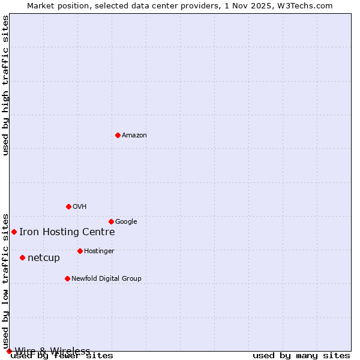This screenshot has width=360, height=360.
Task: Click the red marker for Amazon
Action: point(118,135)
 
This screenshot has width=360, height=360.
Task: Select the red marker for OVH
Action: point(68,206)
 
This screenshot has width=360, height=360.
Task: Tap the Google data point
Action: point(111,221)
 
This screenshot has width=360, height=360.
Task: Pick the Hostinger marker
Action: point(80,251)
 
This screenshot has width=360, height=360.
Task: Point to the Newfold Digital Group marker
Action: point(67,278)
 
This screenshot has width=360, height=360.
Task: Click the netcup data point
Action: point(22,257)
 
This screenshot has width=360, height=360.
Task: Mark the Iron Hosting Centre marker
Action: point(14,232)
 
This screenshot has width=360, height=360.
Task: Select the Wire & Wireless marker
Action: point(9,351)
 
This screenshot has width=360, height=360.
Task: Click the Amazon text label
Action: point(134,136)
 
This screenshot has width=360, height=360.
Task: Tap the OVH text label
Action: point(80,207)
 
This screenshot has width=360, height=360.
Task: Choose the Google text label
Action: point(126,222)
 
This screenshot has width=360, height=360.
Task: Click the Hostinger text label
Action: point(99,251)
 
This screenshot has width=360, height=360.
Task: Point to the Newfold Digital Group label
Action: point(106,279)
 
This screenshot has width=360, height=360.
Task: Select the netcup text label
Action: point(44,258)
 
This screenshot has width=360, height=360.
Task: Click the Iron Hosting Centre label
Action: point(67,232)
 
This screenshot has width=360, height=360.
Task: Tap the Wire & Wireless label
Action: point(52,351)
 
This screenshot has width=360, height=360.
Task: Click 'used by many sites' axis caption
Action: point(301,356)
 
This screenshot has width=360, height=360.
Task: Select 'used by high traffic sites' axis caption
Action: point(6,85)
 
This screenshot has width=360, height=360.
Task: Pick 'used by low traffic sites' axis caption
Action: point(6,281)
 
